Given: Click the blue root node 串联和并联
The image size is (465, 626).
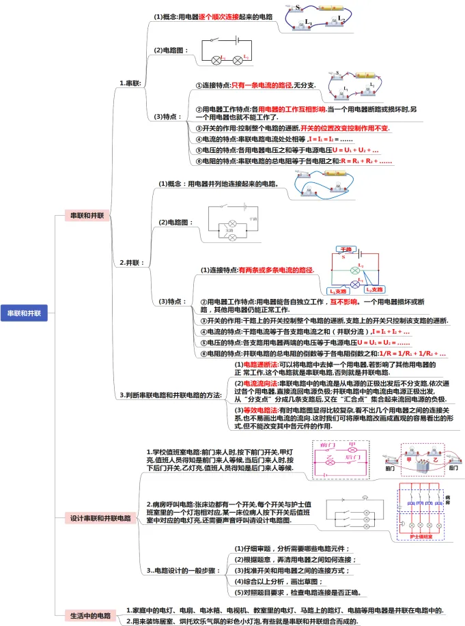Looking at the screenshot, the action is (24, 313).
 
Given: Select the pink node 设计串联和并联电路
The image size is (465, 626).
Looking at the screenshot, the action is (100, 518).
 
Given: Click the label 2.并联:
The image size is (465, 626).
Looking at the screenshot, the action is (131, 261).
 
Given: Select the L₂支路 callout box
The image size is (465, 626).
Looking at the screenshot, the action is (377, 289).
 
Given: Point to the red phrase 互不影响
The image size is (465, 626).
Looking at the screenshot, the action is (343, 301).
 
